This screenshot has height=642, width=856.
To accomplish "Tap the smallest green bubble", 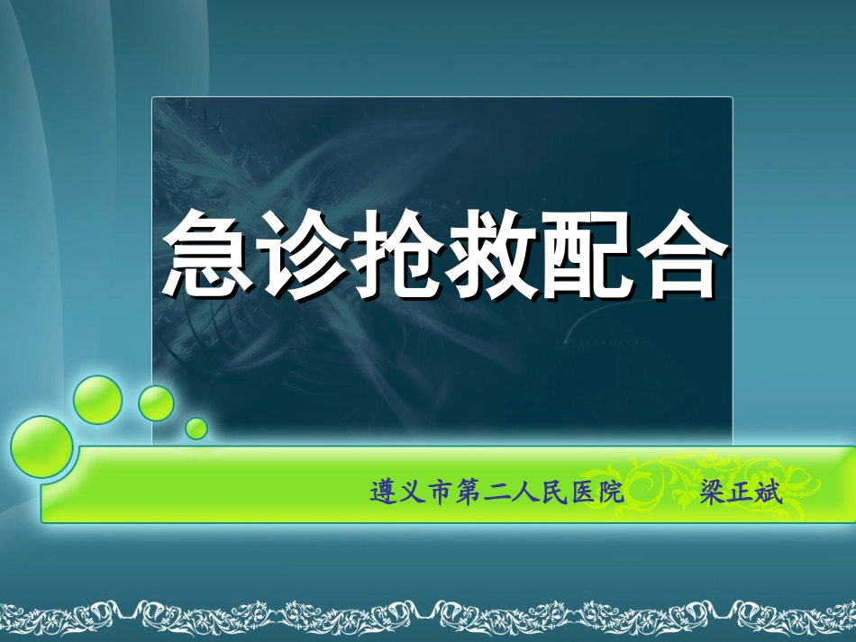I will pos(196,427).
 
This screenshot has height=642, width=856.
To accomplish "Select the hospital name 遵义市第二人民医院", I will pos(496,493).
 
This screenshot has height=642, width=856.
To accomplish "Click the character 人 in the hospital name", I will pos(525,493).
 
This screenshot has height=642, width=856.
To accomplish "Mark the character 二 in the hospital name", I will pos(496,493).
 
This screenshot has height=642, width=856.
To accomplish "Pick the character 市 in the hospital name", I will pos(441,493).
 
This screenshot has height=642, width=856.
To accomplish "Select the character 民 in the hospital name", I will pos(553,493).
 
